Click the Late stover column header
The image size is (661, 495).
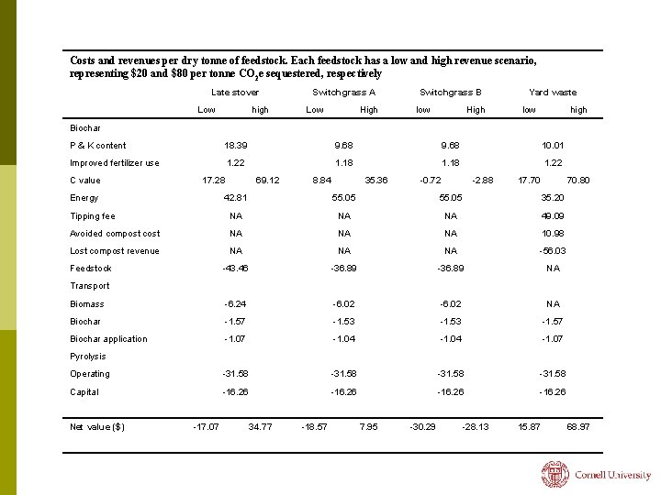point(235,93)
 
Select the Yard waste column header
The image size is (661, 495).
point(553,93)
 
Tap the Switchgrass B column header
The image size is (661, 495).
point(450,93)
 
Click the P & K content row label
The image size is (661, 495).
point(98,146)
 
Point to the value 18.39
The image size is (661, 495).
point(236,146)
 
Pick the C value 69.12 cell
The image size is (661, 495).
point(267,181)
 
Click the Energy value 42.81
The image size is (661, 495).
point(236,198)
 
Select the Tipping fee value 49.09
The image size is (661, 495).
point(553,216)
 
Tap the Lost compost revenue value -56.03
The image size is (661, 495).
point(553,251)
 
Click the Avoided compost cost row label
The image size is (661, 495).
point(115,234)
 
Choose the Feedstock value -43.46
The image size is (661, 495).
point(236,269)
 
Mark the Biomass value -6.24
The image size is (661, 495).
point(236,304)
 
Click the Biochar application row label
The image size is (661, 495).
point(108,339)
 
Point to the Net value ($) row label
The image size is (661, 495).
point(97,426)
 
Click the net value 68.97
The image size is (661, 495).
point(578,426)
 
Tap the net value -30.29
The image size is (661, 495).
point(423,426)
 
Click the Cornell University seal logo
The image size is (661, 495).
point(555,474)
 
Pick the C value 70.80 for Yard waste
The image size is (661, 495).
point(578,181)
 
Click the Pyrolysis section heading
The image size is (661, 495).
point(88,357)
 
